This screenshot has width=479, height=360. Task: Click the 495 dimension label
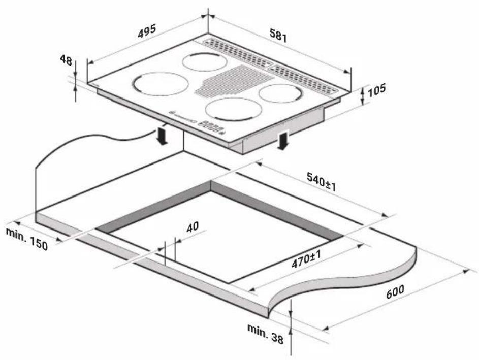pos(147,31)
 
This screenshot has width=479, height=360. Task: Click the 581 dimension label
pos(278,35)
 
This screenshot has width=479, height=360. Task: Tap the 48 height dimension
pos(66,60)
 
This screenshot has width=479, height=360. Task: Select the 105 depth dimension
pos(376,90)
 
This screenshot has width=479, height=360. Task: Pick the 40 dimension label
pos(193,226)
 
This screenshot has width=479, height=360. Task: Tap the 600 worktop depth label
pos(395,292)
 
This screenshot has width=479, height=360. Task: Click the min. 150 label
pos(27,238)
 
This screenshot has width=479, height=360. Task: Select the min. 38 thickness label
pos(266,334)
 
